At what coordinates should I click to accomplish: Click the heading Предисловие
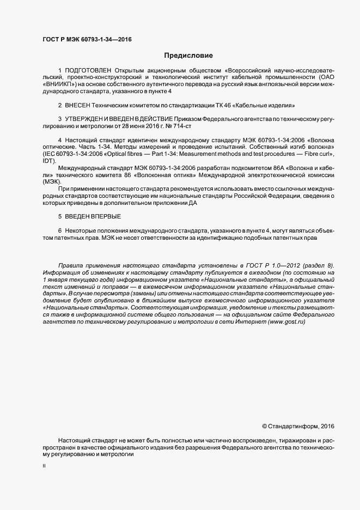tap(188, 56)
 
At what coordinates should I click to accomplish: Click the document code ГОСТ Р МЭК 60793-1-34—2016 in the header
tap(87, 39)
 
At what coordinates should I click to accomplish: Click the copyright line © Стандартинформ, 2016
tap(298, 426)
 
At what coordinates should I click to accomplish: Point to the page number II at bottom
tap(44, 466)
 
